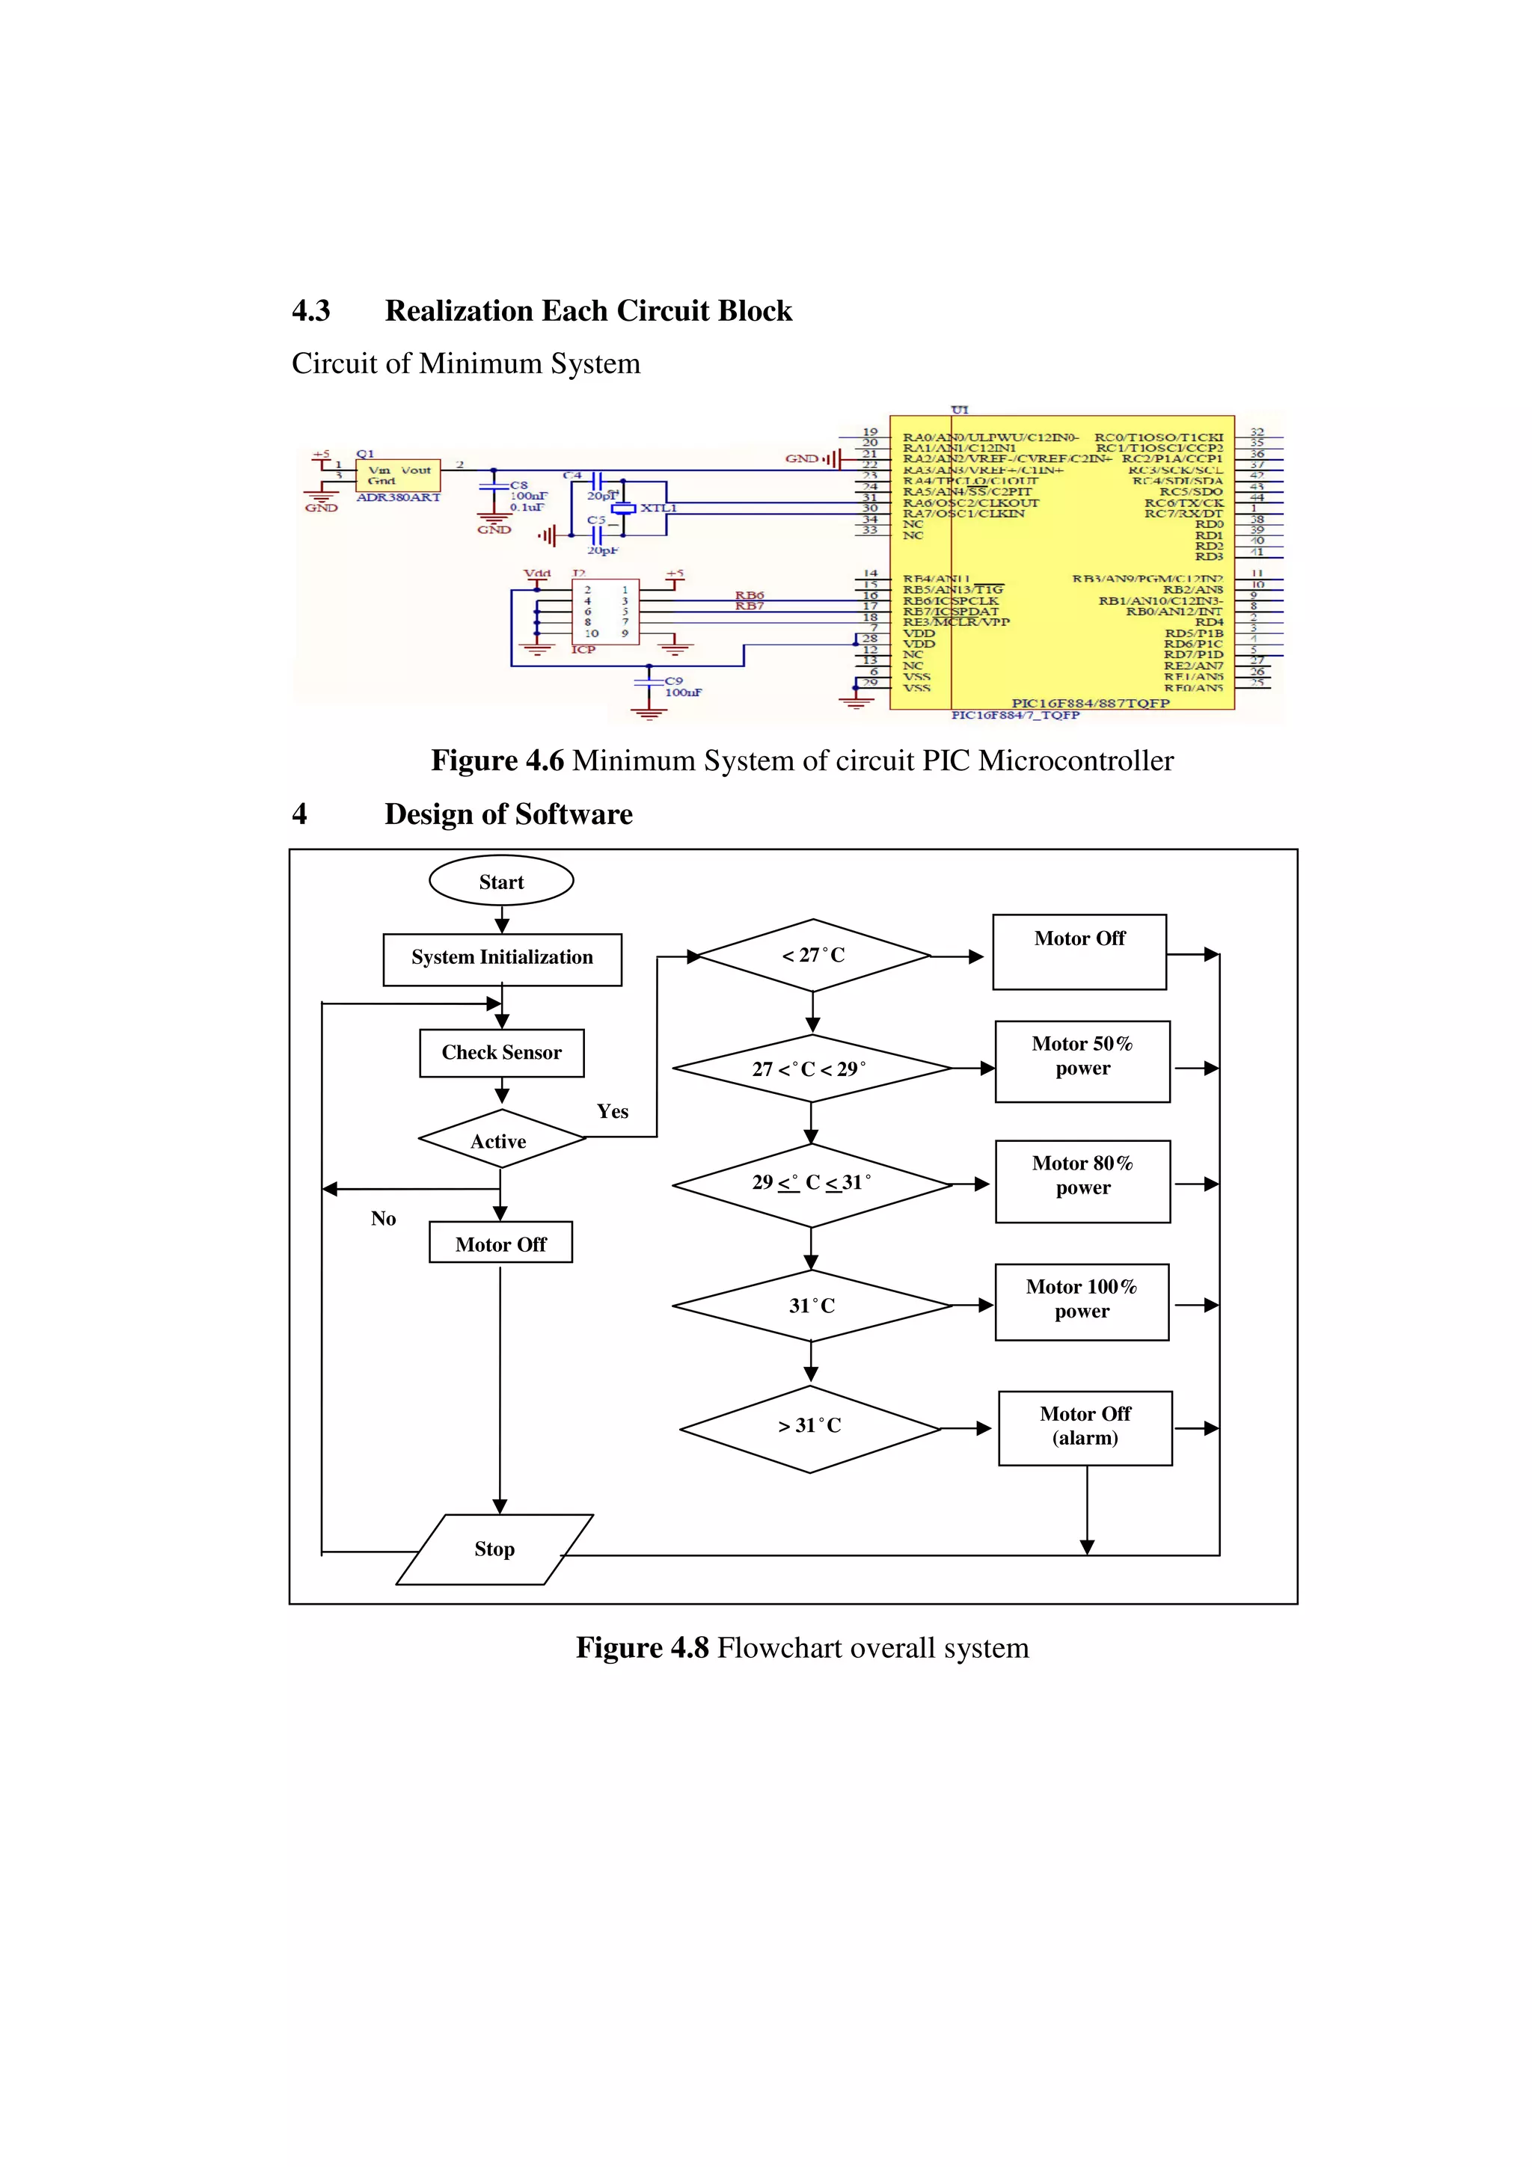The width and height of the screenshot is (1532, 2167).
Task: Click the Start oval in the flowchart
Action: pos(501,882)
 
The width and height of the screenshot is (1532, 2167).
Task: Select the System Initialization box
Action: pos(502,959)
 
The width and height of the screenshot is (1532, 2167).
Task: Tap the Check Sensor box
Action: pos(501,1052)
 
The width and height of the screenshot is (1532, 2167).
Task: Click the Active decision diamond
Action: pos(501,1140)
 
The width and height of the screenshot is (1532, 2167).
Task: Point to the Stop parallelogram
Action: pos(494,1549)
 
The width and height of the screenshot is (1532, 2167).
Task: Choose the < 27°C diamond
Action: pos(812,955)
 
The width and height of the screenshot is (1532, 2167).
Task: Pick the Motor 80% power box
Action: pos(1082,1180)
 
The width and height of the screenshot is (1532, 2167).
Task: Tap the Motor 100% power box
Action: pos(1082,1302)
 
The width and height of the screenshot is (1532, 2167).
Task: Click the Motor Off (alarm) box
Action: pos(1085,1427)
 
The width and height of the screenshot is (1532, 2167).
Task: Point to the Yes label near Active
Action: pos(613,1112)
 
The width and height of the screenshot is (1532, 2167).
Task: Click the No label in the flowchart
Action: pos(383,1218)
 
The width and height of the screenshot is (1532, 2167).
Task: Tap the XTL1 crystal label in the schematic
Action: pos(658,508)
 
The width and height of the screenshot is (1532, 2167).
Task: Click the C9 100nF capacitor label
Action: pos(681,687)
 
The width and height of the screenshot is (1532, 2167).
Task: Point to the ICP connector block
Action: pos(605,612)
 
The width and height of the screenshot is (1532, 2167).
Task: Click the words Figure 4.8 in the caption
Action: pos(642,1648)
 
